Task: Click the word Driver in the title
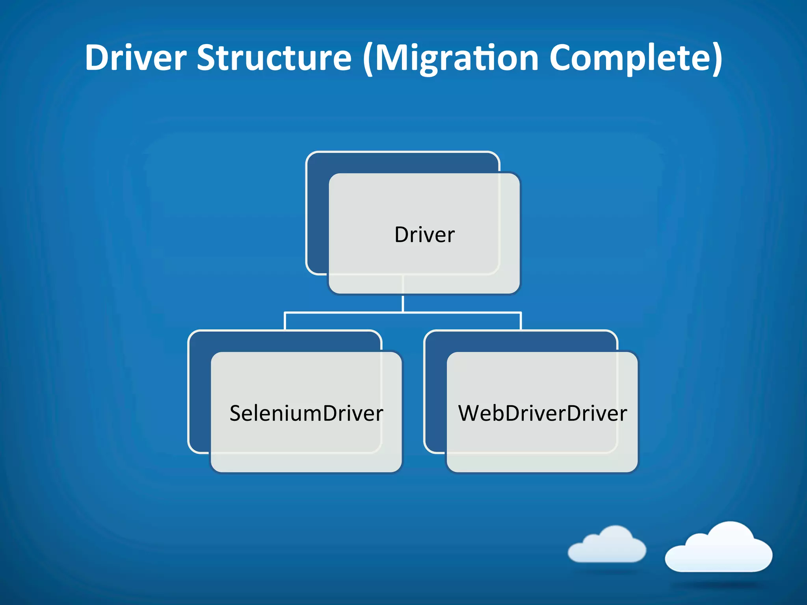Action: (x=136, y=58)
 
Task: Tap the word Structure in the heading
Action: (x=274, y=58)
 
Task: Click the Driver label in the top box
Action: (x=424, y=235)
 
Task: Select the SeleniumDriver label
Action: (x=306, y=413)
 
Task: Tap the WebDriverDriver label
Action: (x=542, y=413)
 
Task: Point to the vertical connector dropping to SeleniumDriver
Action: (x=285, y=321)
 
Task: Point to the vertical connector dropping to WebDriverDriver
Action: (x=521, y=321)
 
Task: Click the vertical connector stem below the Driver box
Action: (x=403, y=303)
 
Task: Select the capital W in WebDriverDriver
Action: (x=471, y=413)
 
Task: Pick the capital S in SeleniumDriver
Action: (x=235, y=413)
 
